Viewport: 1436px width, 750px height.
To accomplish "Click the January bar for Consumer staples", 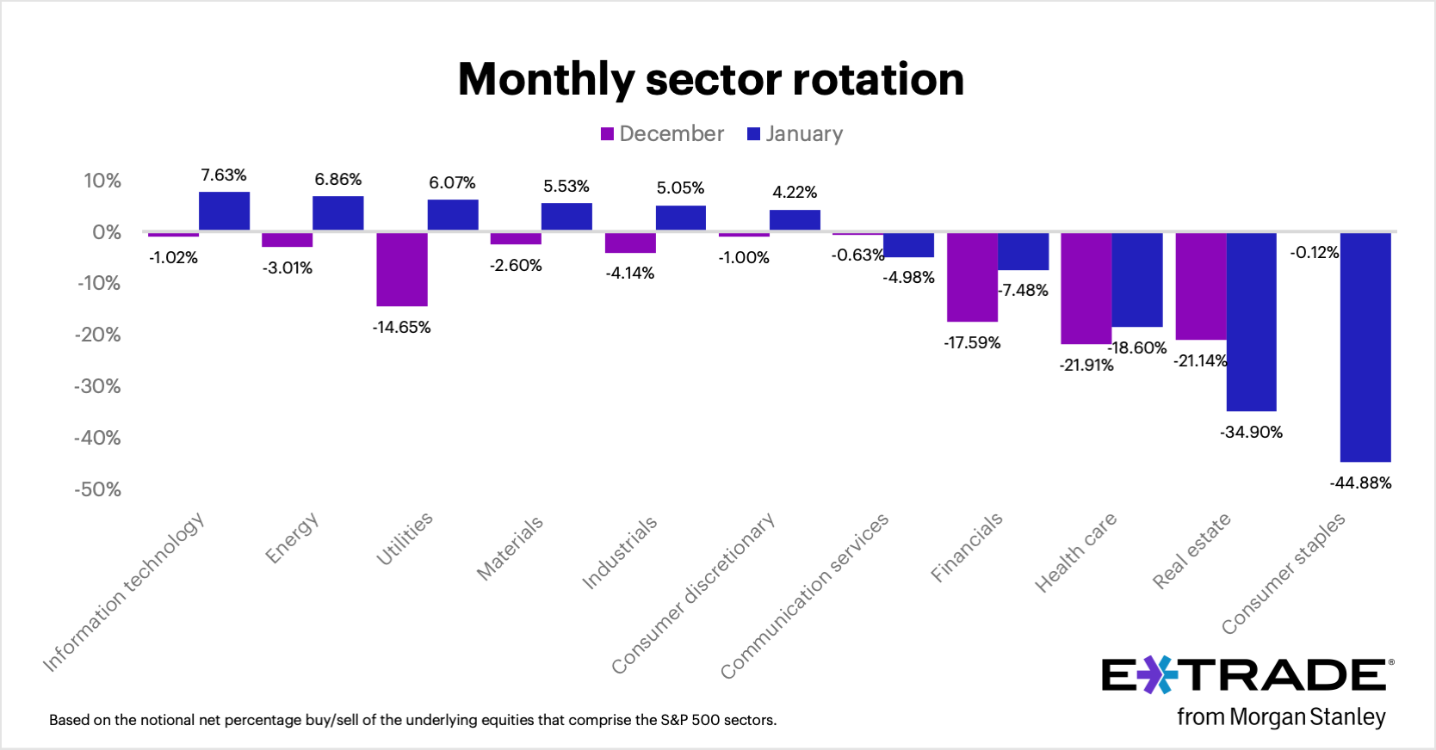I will [1365, 347].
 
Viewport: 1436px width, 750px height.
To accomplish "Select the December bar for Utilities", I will [402, 269].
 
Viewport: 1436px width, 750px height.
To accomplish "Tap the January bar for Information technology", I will [224, 212].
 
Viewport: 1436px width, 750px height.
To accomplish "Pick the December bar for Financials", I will [972, 277].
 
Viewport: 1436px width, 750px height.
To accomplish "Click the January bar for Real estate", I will [1251, 322].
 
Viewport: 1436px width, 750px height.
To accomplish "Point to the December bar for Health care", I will [1086, 288].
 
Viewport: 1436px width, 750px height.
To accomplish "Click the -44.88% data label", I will [1360, 483].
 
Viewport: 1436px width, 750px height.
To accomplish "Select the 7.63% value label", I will [224, 175].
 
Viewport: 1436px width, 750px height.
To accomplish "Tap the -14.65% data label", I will [401, 328].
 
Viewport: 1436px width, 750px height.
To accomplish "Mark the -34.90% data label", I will [1251, 433].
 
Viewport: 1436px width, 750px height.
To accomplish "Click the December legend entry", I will [662, 134].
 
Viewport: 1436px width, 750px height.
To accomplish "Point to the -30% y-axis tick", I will [97, 386].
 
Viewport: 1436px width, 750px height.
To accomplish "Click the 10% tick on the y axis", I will [102, 181].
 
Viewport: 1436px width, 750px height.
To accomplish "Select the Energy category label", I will [292, 538].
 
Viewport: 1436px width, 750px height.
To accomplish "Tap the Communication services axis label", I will [804, 596].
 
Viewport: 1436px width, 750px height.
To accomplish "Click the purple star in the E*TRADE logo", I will [1158, 675].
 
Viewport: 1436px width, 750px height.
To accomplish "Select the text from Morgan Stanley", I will [1281, 716].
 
